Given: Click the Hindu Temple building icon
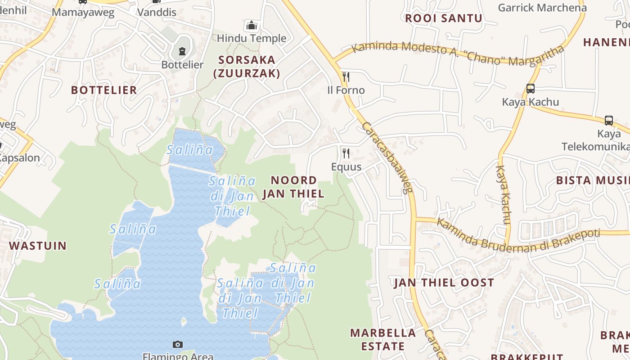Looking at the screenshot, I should pyautogui.click(x=252, y=25).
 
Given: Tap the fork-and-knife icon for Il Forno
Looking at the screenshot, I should pyautogui.click(x=346, y=76).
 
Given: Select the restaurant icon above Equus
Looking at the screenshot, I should pyautogui.click(x=346, y=153).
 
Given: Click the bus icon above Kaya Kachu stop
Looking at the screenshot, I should pyautogui.click(x=531, y=89).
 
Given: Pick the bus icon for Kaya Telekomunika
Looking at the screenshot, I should pyautogui.click(x=609, y=120).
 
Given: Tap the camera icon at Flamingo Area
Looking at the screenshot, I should pyautogui.click(x=178, y=344).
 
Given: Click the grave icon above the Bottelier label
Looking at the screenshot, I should pyautogui.click(x=182, y=51).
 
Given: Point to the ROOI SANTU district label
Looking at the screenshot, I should pyautogui.click(x=444, y=18).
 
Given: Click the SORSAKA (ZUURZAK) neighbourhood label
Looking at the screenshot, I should pyautogui.click(x=247, y=67).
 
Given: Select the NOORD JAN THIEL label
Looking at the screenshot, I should pyautogui.click(x=293, y=187).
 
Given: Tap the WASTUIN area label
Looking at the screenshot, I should pyautogui.click(x=38, y=246).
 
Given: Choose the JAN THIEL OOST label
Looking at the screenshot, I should pyautogui.click(x=444, y=283).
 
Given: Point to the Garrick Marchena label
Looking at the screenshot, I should pyautogui.click(x=542, y=8).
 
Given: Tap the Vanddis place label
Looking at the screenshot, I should pyautogui.click(x=157, y=12).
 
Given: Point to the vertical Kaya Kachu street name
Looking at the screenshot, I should pyautogui.click(x=503, y=194).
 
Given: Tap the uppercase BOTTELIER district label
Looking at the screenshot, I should pyautogui.click(x=104, y=90).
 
